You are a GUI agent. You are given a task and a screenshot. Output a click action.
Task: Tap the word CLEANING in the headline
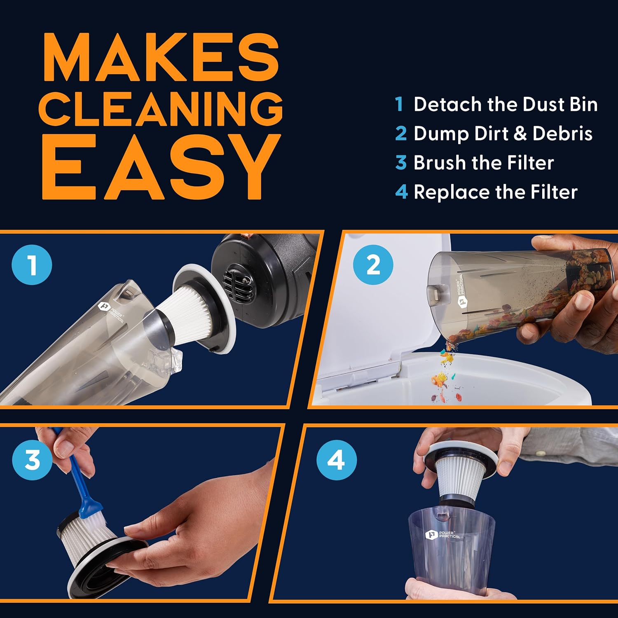(x=161, y=109)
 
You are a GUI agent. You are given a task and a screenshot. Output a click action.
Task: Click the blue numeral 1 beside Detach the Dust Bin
(x=399, y=104)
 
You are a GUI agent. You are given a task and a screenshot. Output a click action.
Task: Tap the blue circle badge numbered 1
(x=32, y=265)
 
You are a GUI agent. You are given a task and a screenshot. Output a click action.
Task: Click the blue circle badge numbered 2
(x=373, y=265)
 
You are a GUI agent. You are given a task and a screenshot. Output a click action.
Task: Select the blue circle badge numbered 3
(x=32, y=460)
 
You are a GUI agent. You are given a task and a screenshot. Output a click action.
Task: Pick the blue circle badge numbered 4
(x=336, y=460)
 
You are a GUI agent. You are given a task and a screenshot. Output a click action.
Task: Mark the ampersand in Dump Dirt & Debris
(x=520, y=133)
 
